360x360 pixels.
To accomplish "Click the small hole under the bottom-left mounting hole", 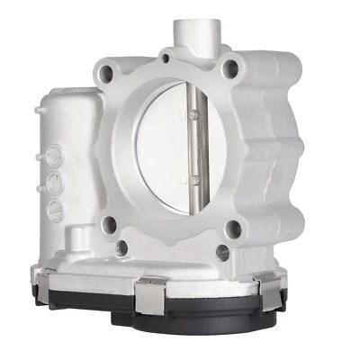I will point(121,245).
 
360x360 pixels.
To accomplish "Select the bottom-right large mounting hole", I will point(233,229).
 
